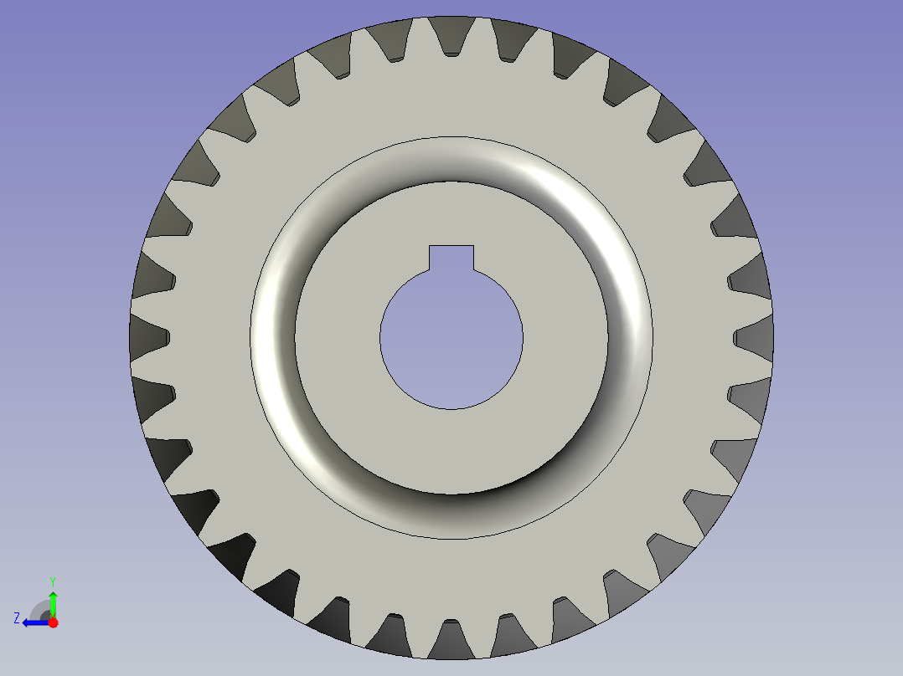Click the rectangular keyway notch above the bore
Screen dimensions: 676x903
[x=451, y=258]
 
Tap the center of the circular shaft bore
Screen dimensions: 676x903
[x=451, y=339]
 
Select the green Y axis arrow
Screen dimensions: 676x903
[x=53, y=602]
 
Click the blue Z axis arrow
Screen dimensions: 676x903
[x=34, y=622]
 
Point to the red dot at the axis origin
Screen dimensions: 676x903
[x=53, y=622]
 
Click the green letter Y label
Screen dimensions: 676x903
[x=53, y=581]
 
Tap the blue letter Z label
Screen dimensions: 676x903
[x=17, y=618]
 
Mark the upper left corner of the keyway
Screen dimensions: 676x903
[x=430, y=246]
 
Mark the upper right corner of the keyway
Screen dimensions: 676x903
[x=474, y=246]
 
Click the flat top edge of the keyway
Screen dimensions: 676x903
[x=451, y=246]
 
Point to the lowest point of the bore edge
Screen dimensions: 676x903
[x=451, y=409]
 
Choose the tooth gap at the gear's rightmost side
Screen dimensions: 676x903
[x=751, y=337]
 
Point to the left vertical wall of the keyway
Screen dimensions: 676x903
[x=430, y=259]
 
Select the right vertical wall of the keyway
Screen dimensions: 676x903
[x=474, y=259]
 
